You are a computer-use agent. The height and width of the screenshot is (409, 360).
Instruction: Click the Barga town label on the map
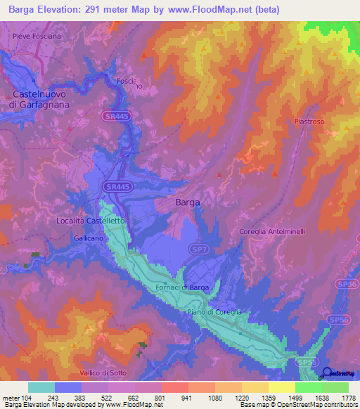[187, 202]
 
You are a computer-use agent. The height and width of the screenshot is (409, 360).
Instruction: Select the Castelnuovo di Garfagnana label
[40, 99]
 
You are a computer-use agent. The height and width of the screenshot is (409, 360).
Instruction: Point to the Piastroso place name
[309, 122]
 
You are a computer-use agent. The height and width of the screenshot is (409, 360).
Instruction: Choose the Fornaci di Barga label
[183, 287]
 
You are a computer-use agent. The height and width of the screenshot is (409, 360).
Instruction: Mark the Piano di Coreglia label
[214, 312]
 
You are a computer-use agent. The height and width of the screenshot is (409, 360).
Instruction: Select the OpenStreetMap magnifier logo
[327, 372]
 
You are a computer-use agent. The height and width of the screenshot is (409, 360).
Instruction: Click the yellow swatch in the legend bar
[281, 387]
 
